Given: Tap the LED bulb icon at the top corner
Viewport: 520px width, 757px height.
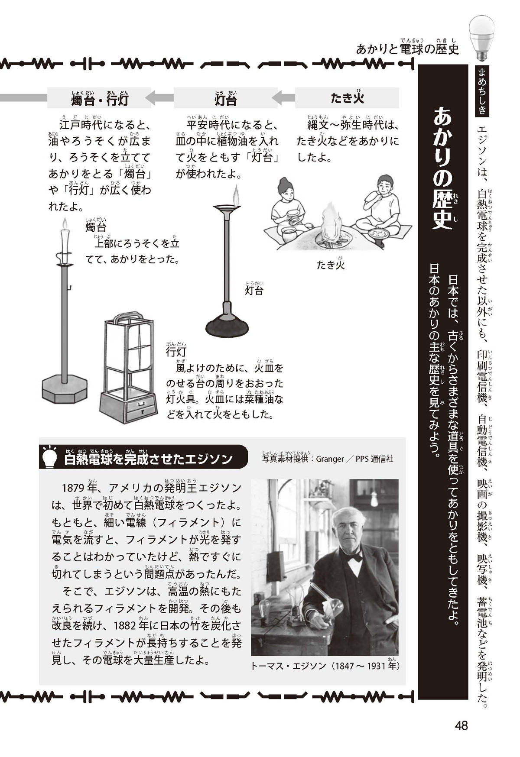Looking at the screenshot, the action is (x=482, y=37).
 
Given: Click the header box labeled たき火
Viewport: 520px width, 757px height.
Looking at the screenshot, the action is (x=347, y=98).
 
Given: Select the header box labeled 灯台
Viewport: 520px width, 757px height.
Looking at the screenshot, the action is (x=225, y=98).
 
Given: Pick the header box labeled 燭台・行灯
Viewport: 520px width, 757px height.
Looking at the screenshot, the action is (x=99, y=98).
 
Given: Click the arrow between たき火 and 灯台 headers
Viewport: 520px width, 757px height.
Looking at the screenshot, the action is (x=283, y=98).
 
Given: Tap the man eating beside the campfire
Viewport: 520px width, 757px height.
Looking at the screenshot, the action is (x=379, y=206).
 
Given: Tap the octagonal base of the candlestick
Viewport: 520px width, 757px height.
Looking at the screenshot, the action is (x=65, y=389).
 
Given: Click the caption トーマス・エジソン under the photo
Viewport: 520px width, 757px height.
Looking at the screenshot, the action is (x=289, y=666).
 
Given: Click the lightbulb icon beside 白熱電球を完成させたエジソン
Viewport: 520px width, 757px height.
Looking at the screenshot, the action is (x=49, y=456).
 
